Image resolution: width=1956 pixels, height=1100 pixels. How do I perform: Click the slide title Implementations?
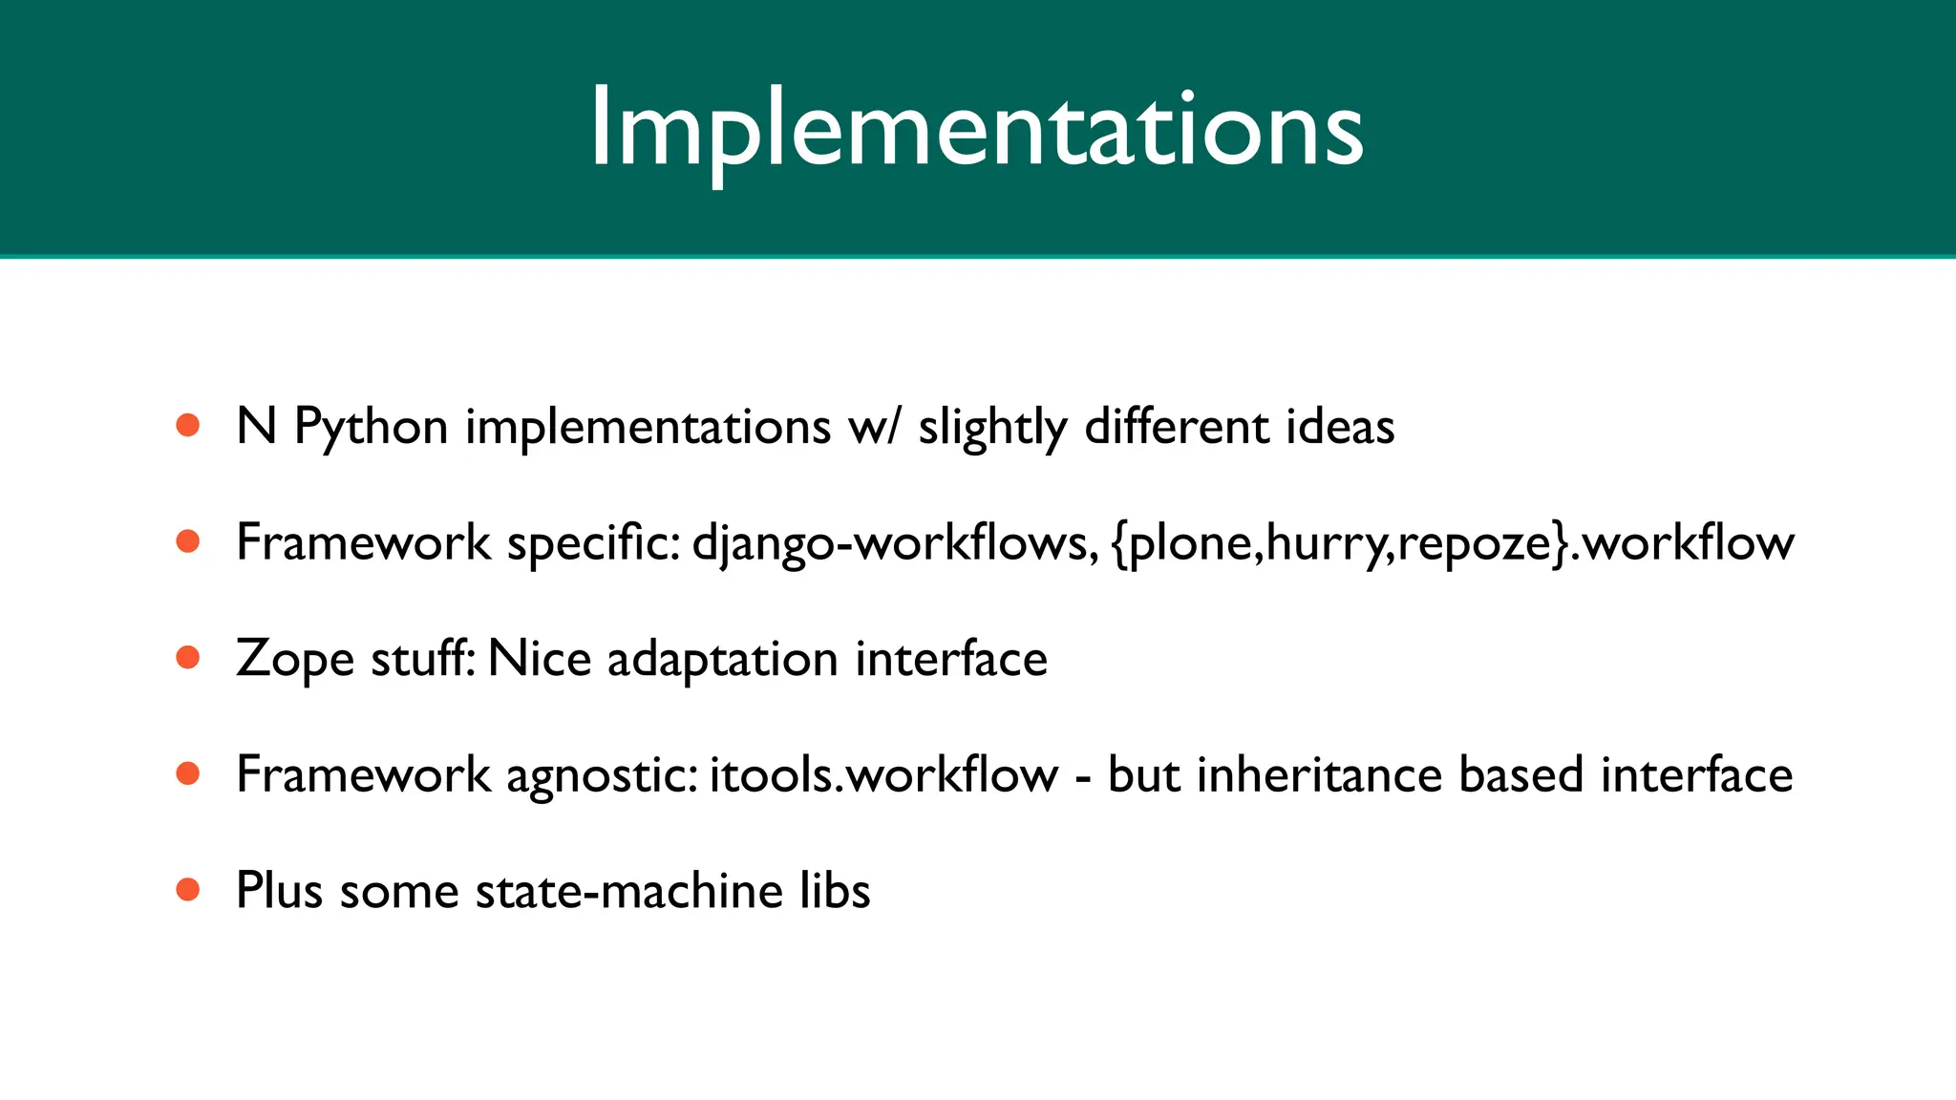[x=976, y=129]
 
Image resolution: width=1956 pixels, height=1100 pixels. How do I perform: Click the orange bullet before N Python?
[x=188, y=425]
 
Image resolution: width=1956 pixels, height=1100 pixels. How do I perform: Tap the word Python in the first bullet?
[x=371, y=427]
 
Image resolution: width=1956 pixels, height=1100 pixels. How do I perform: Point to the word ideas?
[x=1339, y=427]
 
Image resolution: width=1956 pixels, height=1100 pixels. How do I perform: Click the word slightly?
[x=991, y=427]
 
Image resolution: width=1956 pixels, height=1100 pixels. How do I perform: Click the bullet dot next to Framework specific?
[x=188, y=541]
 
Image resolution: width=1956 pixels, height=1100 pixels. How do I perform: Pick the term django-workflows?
[x=895, y=543]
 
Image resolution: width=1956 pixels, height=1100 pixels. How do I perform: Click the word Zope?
[x=294, y=660]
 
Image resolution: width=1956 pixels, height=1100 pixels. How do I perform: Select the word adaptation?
[x=722, y=660]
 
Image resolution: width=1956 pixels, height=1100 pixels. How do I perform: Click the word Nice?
[x=539, y=659]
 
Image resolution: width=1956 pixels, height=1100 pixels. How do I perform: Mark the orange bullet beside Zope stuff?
[x=188, y=658]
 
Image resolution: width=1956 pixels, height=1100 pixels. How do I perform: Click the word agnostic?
[x=602, y=775]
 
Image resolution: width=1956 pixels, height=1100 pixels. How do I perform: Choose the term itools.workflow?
[x=883, y=774]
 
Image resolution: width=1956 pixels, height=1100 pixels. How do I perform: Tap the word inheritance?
[x=1318, y=774]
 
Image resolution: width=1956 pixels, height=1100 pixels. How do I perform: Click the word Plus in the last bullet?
[x=279, y=891]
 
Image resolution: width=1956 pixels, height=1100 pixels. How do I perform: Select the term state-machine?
[x=628, y=891]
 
